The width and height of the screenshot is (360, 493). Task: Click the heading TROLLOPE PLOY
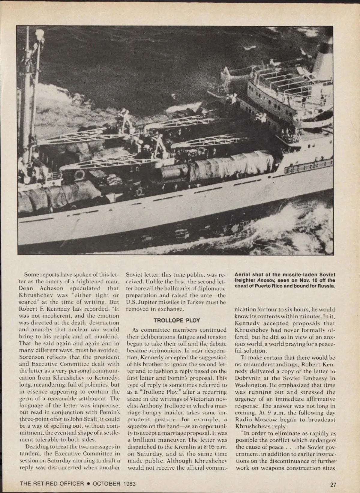point(176,320)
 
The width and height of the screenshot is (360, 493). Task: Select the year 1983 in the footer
point(128,484)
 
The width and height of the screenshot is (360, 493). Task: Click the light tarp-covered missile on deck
point(231,165)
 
